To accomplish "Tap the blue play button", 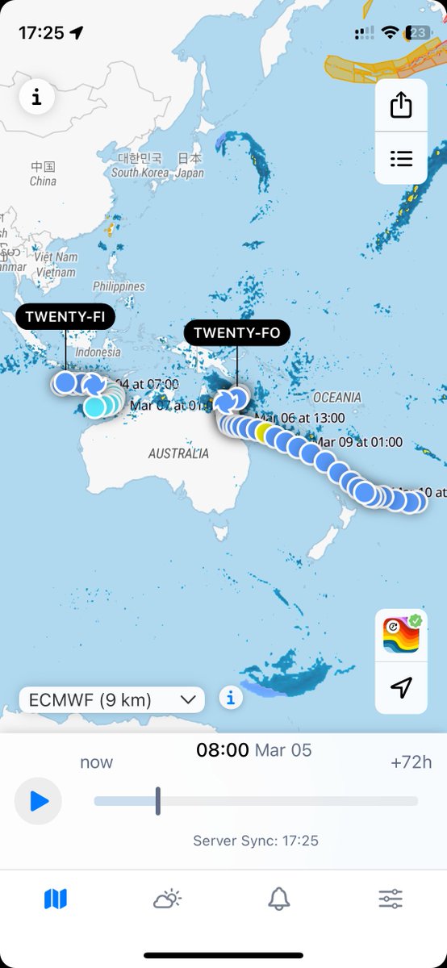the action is (x=38, y=801).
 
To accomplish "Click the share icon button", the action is (x=401, y=106).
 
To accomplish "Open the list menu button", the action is (x=401, y=158).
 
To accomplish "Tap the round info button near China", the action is (x=36, y=98).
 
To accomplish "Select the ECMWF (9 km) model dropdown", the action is (x=112, y=699).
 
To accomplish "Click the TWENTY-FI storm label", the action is (x=66, y=317).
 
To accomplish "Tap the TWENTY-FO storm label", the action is (x=237, y=332).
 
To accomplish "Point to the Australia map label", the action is (x=178, y=454).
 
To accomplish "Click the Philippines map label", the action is (x=119, y=286).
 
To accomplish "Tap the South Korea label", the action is (x=140, y=173).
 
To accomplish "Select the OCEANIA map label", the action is (x=337, y=398).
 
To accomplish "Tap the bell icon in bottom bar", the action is (x=279, y=898).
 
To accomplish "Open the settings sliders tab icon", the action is (x=391, y=898).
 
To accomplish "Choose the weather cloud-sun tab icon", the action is (x=168, y=898).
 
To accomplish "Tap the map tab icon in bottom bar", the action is (x=56, y=898).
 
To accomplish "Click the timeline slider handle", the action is (x=158, y=801).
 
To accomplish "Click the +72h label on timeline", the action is (x=411, y=762).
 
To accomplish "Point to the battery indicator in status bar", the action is (x=420, y=33).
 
